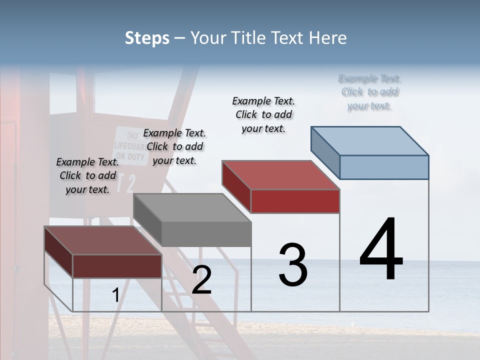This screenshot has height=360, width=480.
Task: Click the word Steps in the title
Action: click(x=146, y=38)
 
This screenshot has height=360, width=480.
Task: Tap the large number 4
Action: click(x=381, y=250)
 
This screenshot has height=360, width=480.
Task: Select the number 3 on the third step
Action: click(x=293, y=264)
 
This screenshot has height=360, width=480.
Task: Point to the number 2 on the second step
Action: click(x=201, y=280)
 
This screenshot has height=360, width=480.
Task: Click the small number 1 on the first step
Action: click(x=116, y=295)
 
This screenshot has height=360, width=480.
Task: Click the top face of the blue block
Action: click(x=369, y=140)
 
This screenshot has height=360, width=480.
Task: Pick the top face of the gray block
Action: click(x=192, y=207)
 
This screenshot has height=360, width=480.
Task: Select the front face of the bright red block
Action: click(x=295, y=201)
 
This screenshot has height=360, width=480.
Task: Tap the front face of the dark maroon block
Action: click(x=117, y=266)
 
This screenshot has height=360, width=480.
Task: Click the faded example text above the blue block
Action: click(x=369, y=92)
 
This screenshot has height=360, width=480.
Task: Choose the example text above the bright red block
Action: click(x=263, y=114)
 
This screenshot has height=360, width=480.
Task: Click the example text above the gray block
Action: click(x=174, y=146)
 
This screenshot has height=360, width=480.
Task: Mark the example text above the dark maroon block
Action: click(x=87, y=175)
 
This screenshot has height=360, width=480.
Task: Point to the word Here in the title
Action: click(x=328, y=38)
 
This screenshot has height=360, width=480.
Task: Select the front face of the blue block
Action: click(x=384, y=167)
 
